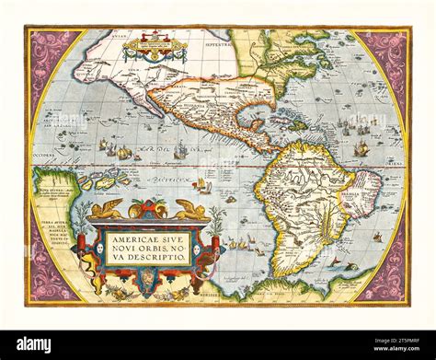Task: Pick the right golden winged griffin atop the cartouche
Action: (190, 210)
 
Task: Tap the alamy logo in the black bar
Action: (34, 344)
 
